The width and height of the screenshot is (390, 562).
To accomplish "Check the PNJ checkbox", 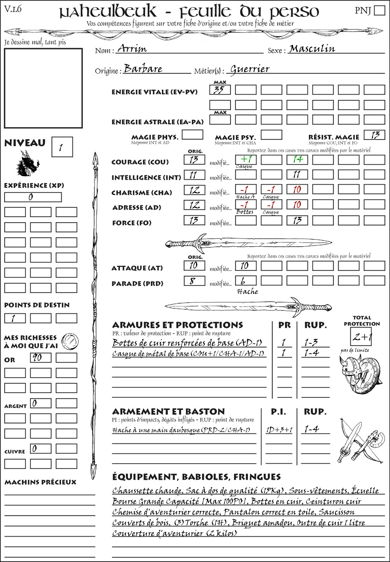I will click(379, 10).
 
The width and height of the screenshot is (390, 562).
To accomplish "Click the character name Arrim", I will click(132, 48).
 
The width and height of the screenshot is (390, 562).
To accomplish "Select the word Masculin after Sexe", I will click(312, 48).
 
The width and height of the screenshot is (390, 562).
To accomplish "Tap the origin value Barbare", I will click(143, 69).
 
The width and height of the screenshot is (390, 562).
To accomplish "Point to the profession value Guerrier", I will click(250, 69).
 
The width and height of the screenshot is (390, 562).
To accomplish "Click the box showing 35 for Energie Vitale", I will click(220, 90).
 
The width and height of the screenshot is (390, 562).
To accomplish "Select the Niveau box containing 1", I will click(62, 147).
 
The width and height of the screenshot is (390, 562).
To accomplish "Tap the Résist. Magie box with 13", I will click(374, 135).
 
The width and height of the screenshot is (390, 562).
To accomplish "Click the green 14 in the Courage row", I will click(297, 159).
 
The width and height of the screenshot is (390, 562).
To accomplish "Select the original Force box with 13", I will click(194, 220).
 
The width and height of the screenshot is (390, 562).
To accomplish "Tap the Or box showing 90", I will click(40, 358).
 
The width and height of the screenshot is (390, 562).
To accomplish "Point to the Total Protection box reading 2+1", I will click(361, 336).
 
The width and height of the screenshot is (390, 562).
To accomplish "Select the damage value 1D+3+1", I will click(279, 430).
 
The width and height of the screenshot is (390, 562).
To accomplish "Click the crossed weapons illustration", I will click(360, 442).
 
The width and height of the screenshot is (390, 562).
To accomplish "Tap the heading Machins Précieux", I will click(40, 482).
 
